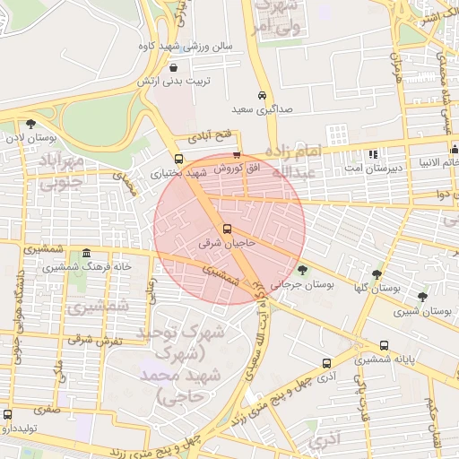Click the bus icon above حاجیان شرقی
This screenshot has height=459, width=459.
(x=226, y=228)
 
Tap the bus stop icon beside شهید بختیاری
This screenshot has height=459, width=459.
(x=178, y=159)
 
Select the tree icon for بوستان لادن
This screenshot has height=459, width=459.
(x=31, y=125)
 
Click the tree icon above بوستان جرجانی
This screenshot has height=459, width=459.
(x=302, y=269)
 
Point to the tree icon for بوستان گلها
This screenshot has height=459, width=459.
(x=377, y=274)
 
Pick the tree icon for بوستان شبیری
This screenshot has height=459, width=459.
(x=422, y=297)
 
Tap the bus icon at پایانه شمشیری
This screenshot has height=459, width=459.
(x=384, y=345)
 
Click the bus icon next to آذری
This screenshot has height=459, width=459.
(x=326, y=364)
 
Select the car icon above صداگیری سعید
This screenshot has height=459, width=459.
(x=262, y=96)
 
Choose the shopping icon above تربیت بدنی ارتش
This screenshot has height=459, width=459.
(x=173, y=66)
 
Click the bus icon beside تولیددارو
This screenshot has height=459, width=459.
(x=8, y=414)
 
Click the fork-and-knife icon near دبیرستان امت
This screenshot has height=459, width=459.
(x=373, y=154)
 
